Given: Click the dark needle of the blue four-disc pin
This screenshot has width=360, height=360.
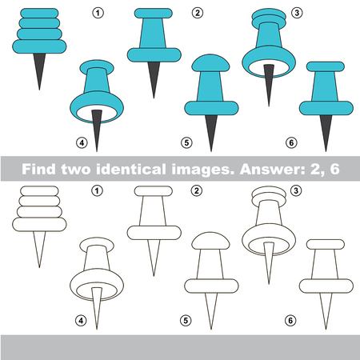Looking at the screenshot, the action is pyautogui.click(x=39, y=70).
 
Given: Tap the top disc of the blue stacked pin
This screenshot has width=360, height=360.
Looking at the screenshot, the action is pyautogui.click(x=39, y=14).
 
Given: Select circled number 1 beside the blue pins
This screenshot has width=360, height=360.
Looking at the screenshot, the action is pyautogui.click(x=98, y=13).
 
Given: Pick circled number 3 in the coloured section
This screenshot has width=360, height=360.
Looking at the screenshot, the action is pyautogui.click(x=297, y=13).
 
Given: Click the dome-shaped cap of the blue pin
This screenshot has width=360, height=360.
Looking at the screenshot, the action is pyautogui.click(x=210, y=63).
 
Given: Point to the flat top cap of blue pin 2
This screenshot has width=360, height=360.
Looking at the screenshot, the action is pyautogui.click(x=154, y=14).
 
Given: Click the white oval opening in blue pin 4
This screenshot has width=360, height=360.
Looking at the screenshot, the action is pyautogui.click(x=97, y=113).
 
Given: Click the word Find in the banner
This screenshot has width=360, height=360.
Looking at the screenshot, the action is pyautogui.click(x=38, y=169).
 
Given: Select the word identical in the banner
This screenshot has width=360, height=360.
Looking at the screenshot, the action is pyautogui.click(x=131, y=169).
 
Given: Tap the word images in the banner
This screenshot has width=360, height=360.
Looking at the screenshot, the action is pyautogui.click(x=203, y=170).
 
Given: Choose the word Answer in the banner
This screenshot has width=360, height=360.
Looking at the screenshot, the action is pyautogui.click(x=273, y=169).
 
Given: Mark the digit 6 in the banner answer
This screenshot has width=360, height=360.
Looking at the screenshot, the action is pyautogui.click(x=335, y=169).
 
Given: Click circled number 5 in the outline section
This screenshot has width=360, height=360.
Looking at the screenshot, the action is pyautogui.click(x=186, y=321).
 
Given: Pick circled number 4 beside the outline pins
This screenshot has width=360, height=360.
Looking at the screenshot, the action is pyautogui.click(x=81, y=321).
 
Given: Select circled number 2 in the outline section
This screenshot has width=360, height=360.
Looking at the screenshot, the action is pyautogui.click(x=197, y=190).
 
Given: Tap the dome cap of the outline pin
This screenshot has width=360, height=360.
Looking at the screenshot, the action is pyautogui.click(x=210, y=241).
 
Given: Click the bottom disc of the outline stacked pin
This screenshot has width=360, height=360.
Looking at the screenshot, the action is pyautogui.click(x=39, y=225).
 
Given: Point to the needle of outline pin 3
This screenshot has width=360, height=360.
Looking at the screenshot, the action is pyautogui.click(x=269, y=262).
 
